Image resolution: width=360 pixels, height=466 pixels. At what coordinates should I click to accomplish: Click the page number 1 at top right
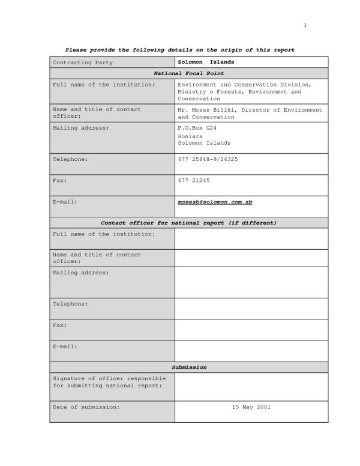(305, 25)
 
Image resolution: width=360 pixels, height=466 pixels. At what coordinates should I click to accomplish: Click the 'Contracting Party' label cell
(83, 62)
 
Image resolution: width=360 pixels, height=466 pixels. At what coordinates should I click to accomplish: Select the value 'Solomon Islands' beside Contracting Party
(206, 62)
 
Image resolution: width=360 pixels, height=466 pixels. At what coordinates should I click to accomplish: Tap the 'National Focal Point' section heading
(188, 73)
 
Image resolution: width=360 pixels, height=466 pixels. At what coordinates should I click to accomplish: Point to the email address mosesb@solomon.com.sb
(215, 202)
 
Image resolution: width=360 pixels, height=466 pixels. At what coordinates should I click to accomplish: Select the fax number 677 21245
(194, 180)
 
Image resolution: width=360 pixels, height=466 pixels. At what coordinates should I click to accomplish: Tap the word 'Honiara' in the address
(190, 136)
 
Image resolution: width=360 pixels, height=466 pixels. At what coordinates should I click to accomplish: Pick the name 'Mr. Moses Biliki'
(204, 110)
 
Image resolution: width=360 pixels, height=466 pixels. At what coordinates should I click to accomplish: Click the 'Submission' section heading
(188, 367)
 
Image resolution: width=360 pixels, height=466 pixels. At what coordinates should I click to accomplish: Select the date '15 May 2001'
(251, 407)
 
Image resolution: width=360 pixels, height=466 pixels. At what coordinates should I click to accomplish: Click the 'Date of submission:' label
(86, 407)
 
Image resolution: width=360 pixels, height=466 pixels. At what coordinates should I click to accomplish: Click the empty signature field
(251, 386)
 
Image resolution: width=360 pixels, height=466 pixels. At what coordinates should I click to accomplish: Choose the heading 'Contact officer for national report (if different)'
(188, 223)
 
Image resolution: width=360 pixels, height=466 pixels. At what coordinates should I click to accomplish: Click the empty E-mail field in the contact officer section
(251, 351)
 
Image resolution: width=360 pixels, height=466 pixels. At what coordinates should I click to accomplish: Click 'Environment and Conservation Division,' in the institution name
(244, 85)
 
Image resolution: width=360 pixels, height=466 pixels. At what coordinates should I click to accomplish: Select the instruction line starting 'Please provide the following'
(179, 50)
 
